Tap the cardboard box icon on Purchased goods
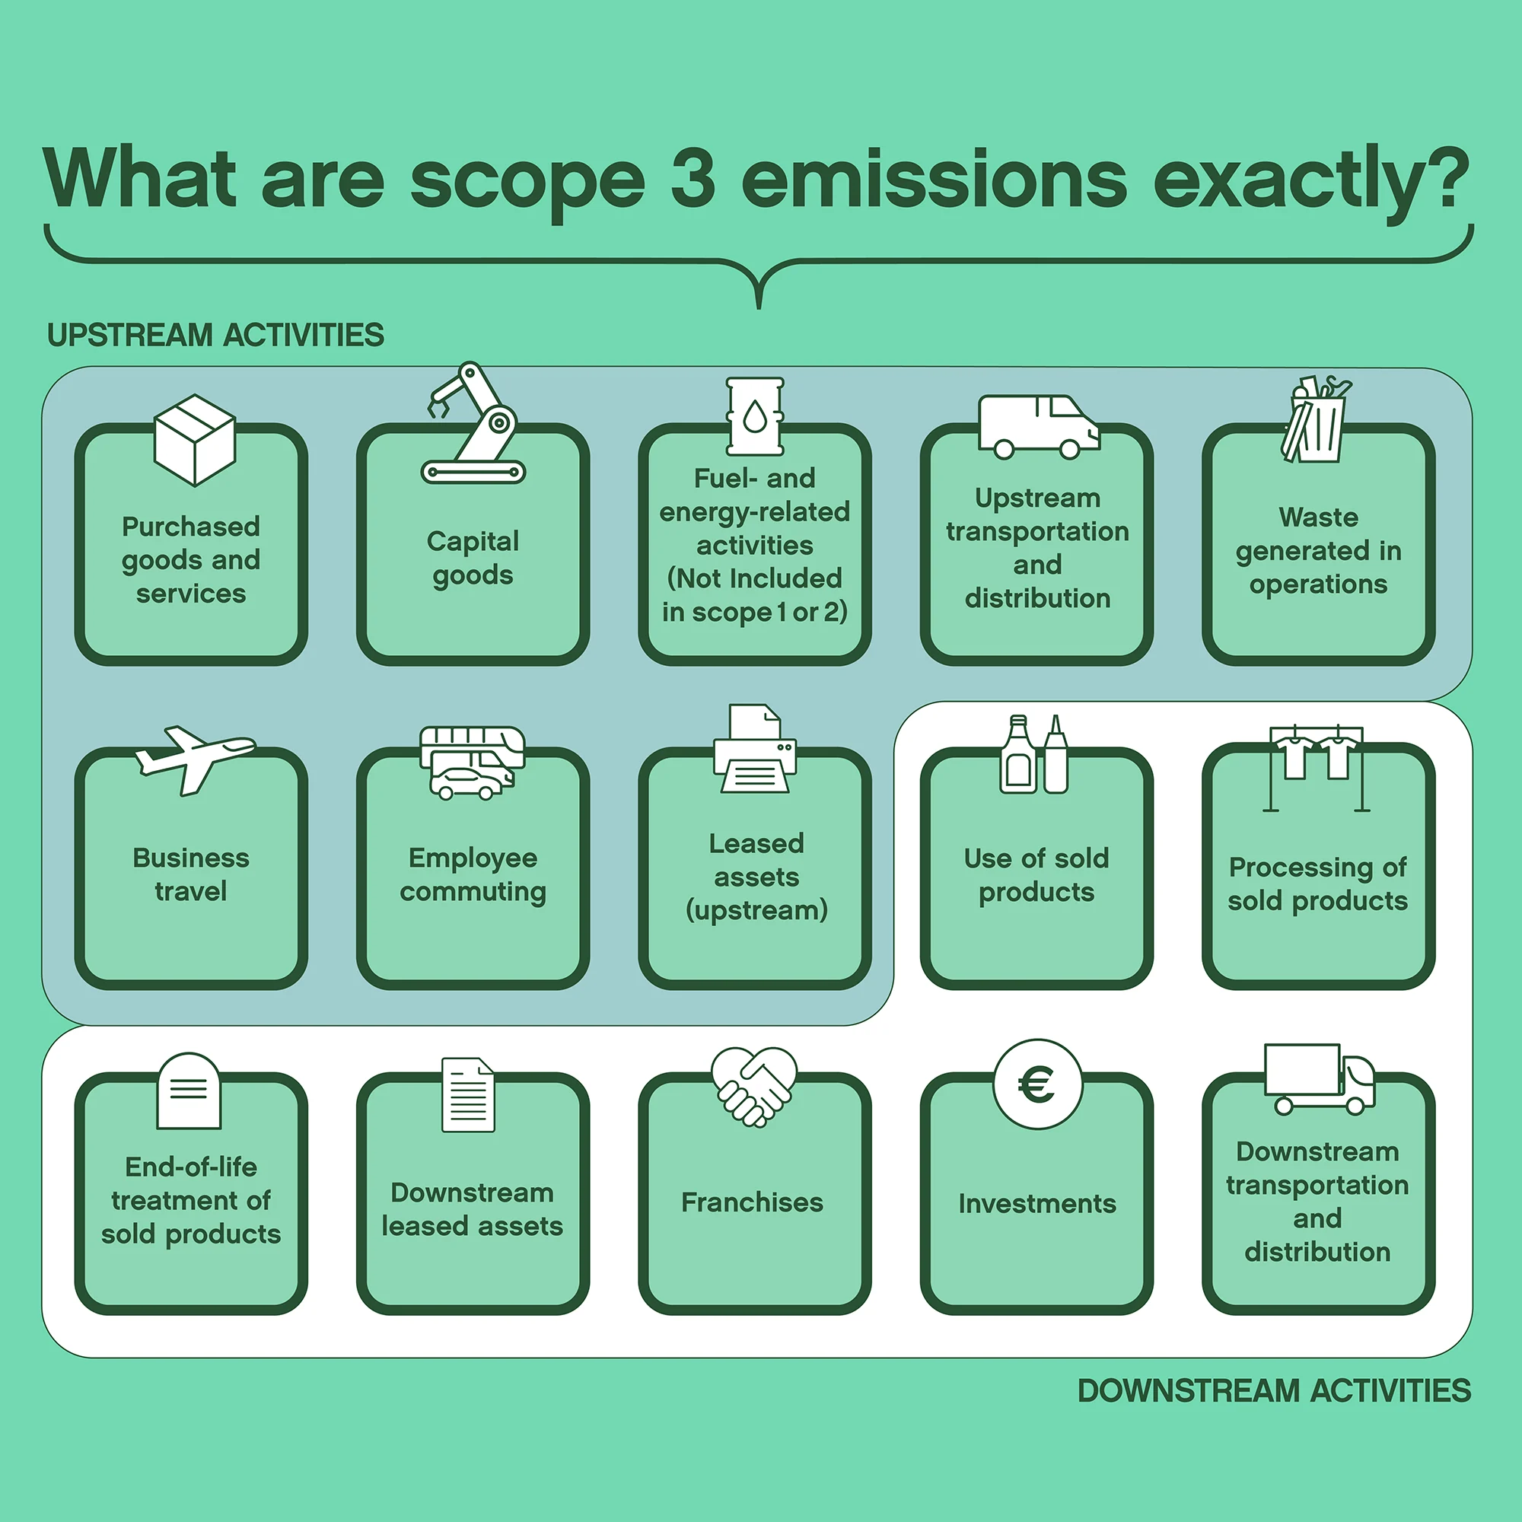195,439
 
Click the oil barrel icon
755,416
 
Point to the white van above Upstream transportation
1037,426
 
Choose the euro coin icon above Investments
1037,1084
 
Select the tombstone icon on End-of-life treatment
189,1091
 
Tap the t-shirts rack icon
1317,763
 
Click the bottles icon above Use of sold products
1033,755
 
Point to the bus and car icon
472,762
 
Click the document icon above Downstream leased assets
469,1094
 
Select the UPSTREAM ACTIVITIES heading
215,336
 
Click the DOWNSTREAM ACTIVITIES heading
1274,1390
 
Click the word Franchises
753,1202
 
